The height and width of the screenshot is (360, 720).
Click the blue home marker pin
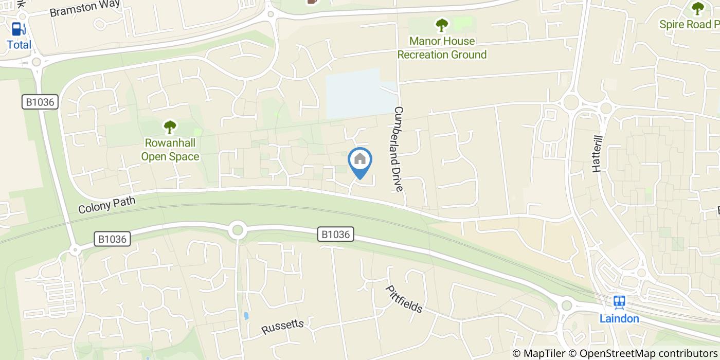point(360,160)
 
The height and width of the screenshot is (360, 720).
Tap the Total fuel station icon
point(19,29)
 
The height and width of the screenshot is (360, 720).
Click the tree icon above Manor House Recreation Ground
point(441,25)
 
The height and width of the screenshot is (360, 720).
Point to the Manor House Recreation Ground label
point(442,48)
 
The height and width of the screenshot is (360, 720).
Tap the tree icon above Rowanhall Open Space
point(170,126)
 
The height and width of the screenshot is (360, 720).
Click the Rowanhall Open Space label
point(170,150)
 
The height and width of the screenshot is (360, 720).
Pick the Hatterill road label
point(597,151)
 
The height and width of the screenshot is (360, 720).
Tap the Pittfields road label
point(404,299)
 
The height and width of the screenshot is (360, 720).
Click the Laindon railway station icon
point(619,302)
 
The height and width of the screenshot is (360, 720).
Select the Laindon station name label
point(619,318)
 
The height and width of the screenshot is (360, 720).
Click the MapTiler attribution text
point(539,353)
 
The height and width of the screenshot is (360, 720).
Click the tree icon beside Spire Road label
point(697,8)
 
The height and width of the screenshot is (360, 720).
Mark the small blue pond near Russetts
point(246,315)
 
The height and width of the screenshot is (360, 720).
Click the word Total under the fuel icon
point(19,45)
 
